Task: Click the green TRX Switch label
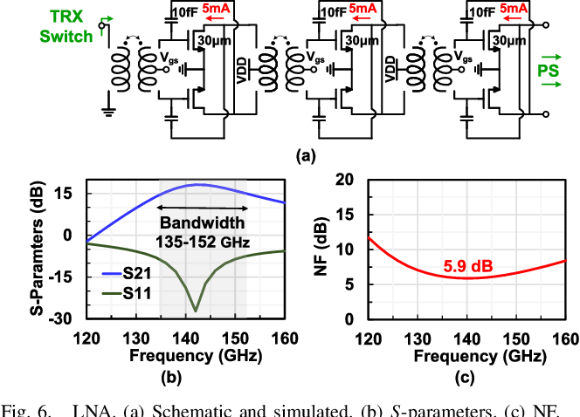tap(66, 26)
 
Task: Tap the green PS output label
tap(548, 71)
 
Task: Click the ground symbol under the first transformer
tap(108, 112)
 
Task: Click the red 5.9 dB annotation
tap(468, 266)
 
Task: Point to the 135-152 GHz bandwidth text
tap(203, 243)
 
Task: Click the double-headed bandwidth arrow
tap(203, 208)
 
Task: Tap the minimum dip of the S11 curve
tap(196, 311)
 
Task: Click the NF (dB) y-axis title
tap(321, 247)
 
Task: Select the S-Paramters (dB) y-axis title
tap(37, 249)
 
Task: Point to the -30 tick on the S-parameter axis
tap(60, 318)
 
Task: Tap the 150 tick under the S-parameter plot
tap(235, 338)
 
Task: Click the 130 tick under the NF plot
tap(418, 338)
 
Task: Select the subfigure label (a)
tap(306, 156)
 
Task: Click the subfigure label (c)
tap(465, 377)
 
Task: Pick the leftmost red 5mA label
tap(216, 9)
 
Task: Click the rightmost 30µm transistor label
tap(509, 40)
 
